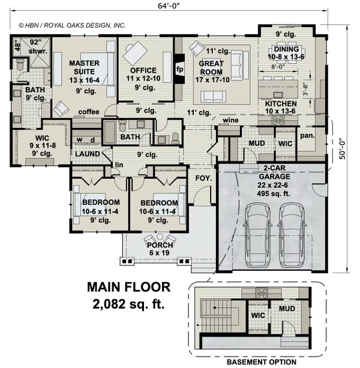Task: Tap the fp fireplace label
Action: (x=179, y=69)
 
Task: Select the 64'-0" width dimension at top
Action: (x=170, y=7)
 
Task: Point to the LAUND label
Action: (x=87, y=154)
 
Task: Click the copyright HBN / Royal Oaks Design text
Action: (x=72, y=26)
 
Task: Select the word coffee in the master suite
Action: (x=88, y=112)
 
